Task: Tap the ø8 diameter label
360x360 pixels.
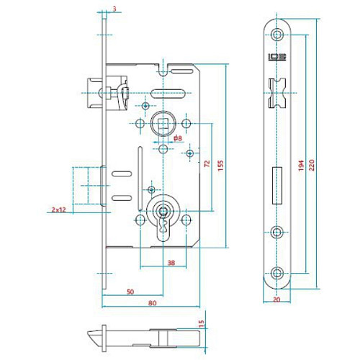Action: [x=176, y=138]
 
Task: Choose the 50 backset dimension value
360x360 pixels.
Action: [x=130, y=292]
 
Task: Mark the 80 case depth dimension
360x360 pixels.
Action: [x=153, y=303]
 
